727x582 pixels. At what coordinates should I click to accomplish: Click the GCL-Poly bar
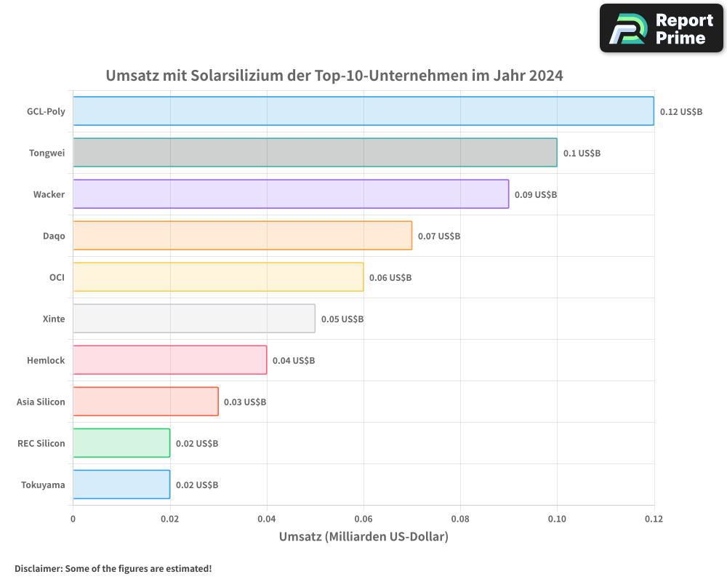coord(363,111)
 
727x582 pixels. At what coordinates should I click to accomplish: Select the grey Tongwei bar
coord(315,153)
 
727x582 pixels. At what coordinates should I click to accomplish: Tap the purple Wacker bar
coord(291,194)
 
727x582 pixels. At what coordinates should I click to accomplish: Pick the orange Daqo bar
coord(242,236)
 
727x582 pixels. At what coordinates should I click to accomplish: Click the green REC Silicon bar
coord(121,443)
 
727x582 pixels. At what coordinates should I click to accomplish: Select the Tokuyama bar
coord(121,485)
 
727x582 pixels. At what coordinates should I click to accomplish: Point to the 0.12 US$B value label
coord(681,112)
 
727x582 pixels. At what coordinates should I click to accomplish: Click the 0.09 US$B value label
coord(536,195)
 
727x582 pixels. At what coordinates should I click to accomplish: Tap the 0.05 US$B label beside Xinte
coord(342,319)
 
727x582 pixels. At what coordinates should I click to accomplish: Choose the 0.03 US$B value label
coord(245,402)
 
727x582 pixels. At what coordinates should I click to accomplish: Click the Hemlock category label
coord(46,361)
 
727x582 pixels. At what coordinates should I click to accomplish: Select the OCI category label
coord(57,278)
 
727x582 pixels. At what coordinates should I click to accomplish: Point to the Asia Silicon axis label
coord(41,402)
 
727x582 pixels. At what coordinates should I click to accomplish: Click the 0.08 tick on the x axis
coord(460,519)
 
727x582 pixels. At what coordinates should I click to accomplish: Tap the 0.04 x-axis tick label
coord(267,519)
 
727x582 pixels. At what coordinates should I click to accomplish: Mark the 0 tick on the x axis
coord(73,519)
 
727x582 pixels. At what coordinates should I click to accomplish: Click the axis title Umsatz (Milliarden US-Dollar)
coord(363,537)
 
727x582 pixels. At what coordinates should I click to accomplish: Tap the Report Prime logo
coord(662,28)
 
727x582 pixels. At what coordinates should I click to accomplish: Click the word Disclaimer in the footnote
coord(38,569)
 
